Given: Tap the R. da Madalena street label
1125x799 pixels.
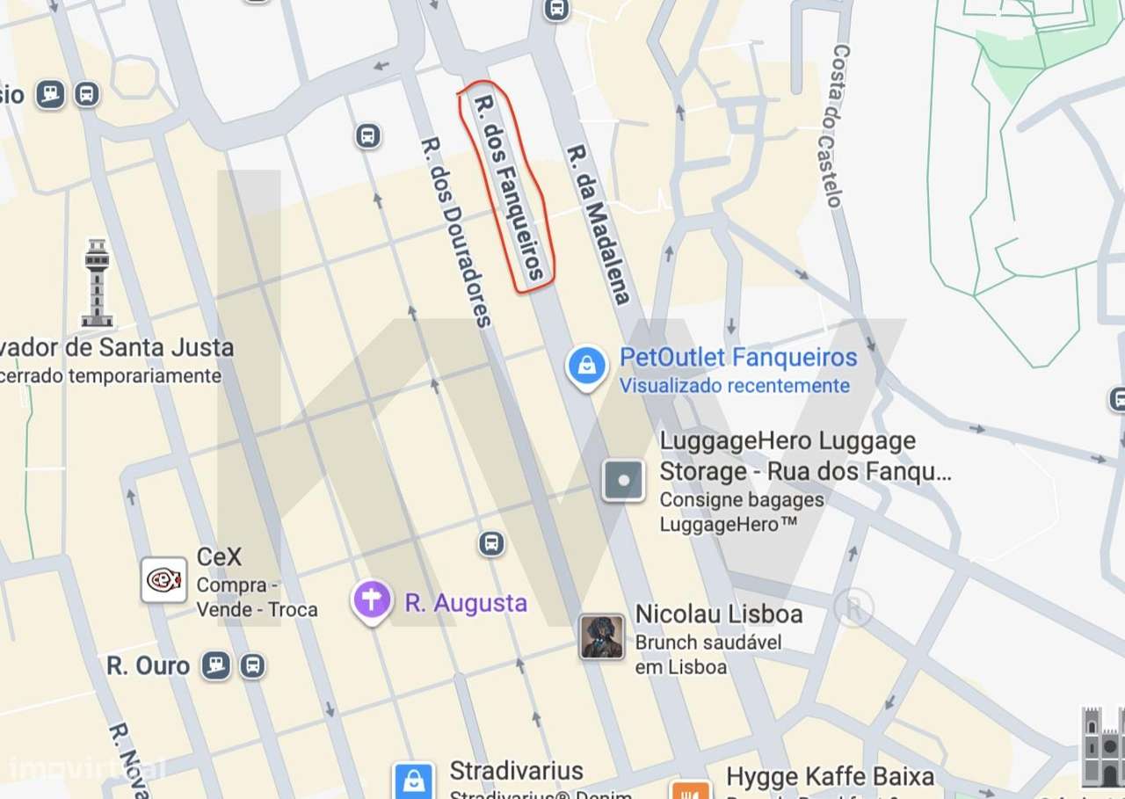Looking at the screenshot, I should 599,225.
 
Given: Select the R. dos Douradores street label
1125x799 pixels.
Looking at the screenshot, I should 454,231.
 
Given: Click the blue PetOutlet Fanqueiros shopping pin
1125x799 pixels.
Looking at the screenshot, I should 586,365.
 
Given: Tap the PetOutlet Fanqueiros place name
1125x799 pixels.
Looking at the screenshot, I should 737,358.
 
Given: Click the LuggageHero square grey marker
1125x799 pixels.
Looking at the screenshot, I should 623,481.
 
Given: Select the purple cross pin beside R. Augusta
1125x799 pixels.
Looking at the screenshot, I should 373,600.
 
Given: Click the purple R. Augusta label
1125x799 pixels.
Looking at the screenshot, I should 466,603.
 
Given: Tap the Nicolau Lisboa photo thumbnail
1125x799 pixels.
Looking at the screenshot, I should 602,636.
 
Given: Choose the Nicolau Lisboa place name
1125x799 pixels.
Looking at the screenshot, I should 718,614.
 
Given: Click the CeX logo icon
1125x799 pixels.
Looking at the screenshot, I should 164,580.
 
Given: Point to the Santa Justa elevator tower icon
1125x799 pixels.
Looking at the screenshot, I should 97,282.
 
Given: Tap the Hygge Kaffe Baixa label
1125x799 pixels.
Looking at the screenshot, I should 830,777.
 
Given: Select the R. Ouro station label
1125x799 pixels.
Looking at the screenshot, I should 148,665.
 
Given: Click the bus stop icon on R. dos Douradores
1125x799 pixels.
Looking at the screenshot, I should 368,136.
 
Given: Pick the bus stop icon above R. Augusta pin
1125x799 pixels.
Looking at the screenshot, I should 492,543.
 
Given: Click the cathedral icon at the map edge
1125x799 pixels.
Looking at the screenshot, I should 1103,747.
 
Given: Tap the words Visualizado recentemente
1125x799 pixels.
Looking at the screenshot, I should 734,385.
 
